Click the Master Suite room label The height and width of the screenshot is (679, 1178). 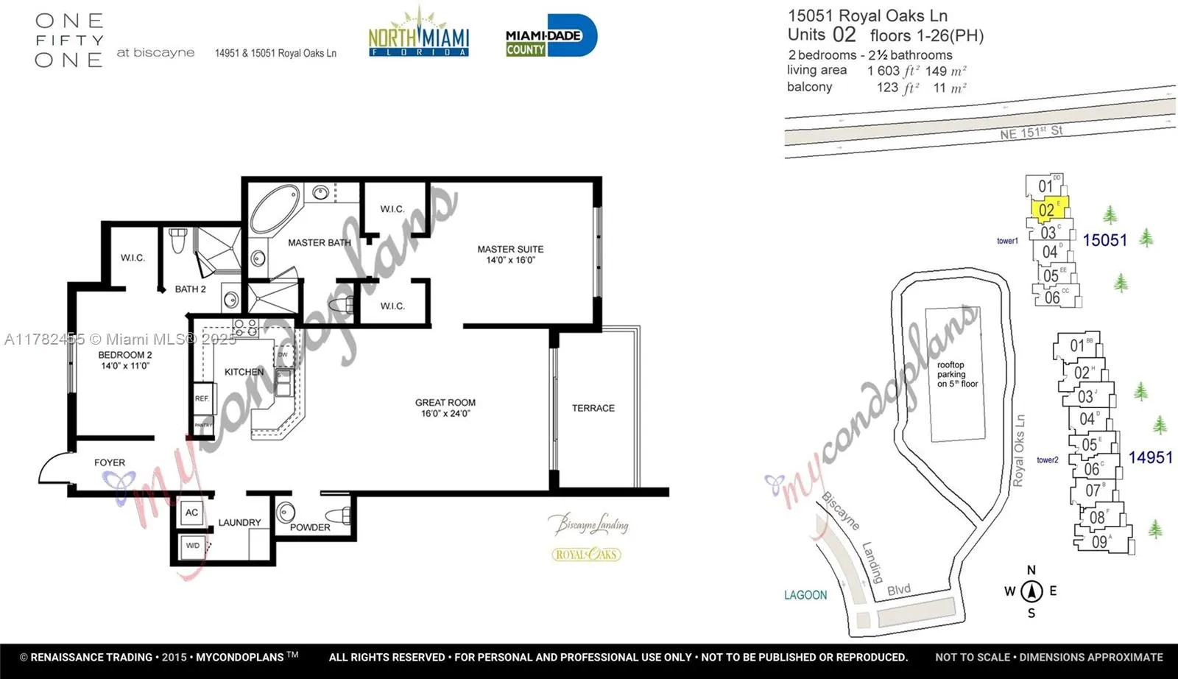[510, 254]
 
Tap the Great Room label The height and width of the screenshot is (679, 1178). [445, 407]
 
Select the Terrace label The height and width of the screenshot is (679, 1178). [593, 408]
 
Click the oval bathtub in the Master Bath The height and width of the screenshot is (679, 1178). [275, 208]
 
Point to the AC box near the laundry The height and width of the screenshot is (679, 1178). [191, 512]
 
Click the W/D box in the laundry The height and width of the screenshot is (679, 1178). [193, 546]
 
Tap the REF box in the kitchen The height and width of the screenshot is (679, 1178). [202, 398]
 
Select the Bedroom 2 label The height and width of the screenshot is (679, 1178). [125, 359]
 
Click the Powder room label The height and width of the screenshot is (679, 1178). [310, 527]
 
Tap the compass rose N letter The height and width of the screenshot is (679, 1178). [1031, 570]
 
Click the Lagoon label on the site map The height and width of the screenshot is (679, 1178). [805, 595]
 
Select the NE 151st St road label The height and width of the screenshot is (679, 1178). [1031, 133]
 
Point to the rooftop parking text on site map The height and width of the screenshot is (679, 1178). [956, 374]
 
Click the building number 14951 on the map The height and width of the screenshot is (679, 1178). [1150, 457]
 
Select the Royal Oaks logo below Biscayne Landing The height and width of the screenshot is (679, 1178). [586, 555]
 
